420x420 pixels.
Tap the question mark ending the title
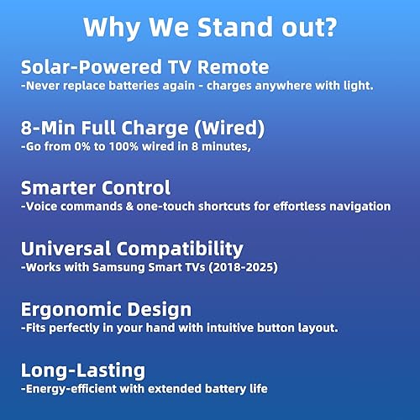330,27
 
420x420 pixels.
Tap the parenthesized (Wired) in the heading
229,129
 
